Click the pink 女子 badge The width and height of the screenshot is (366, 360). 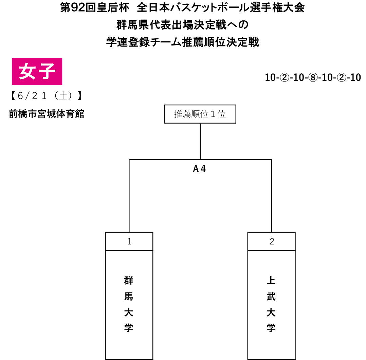[37, 71]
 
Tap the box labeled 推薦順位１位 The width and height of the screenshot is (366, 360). [200, 114]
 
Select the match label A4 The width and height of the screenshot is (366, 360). [199, 168]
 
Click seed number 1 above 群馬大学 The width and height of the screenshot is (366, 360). [129, 241]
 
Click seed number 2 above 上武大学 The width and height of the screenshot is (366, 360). [272, 241]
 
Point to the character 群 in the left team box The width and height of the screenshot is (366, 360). [129, 281]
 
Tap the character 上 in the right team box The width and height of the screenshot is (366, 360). [271, 281]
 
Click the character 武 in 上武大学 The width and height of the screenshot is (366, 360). [271, 296]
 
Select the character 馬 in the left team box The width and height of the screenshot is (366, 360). [129, 296]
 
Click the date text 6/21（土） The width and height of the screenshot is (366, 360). [47, 96]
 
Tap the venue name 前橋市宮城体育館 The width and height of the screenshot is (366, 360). [47, 114]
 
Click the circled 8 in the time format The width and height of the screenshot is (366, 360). [313, 77]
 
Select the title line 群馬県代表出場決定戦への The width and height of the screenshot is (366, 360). [182, 25]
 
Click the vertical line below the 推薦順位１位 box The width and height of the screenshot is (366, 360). [200, 141]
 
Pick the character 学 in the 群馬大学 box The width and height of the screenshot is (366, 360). [129, 328]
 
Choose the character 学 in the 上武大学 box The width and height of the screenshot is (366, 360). [271, 328]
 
